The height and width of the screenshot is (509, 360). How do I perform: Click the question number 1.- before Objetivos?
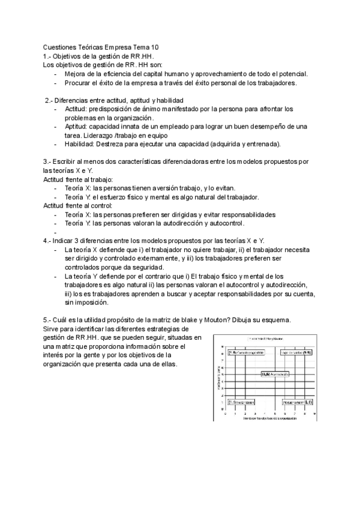point(47,56)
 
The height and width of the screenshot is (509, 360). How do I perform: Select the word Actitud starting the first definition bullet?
point(75,109)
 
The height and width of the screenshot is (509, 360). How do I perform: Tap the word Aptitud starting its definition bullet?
point(76,127)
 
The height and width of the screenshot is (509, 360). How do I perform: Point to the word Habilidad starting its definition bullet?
point(79,144)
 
